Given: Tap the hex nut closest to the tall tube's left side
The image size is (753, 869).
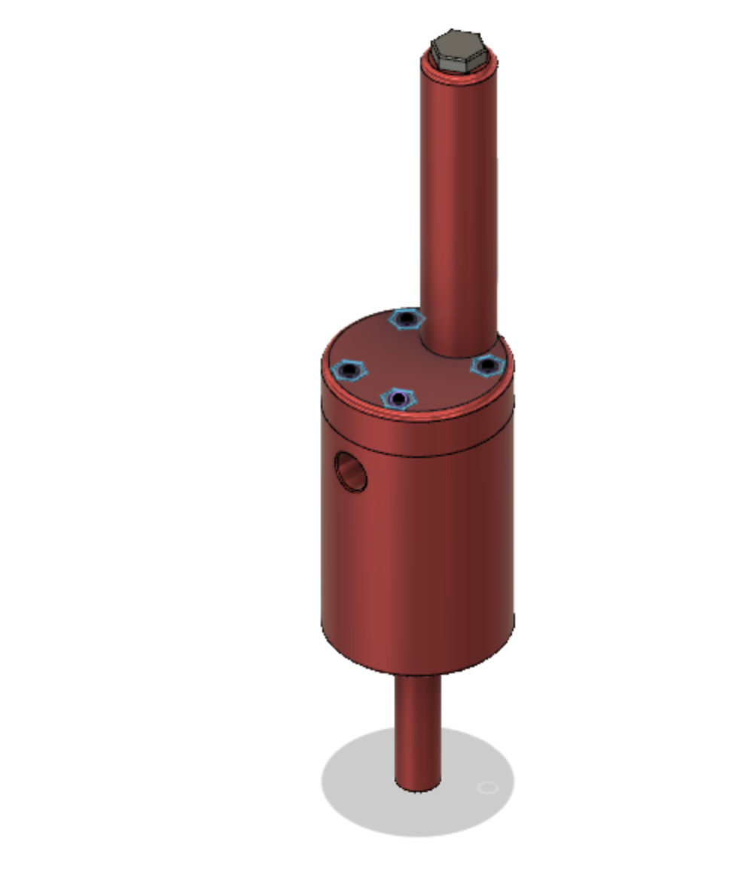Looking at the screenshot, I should click(407, 319).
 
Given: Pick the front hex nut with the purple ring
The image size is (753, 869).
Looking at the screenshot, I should click(398, 398).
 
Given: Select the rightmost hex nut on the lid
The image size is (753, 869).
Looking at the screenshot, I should click(486, 366).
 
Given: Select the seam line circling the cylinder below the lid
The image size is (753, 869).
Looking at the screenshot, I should click(418, 456).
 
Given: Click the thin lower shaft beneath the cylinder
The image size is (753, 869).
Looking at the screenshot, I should click(418, 723).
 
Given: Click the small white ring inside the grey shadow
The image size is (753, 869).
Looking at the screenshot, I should click(489, 788).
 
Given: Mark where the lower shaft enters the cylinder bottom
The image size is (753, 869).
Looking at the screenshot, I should click(419, 675).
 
